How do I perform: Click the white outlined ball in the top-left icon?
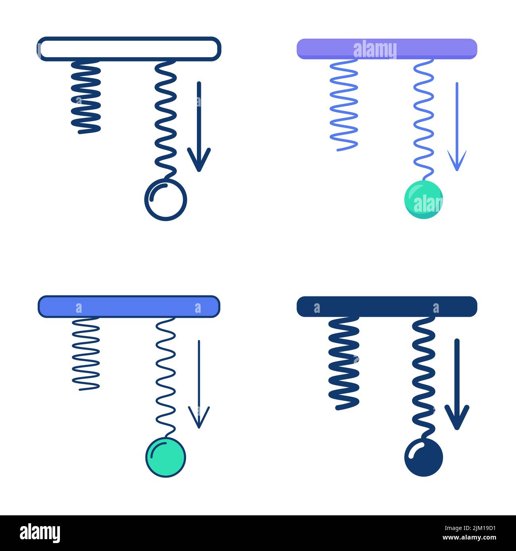(x=166, y=200)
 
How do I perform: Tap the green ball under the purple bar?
(x=424, y=199)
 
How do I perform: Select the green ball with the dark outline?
(x=166, y=457)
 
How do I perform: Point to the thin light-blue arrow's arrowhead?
(x=457, y=163)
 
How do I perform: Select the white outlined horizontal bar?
(x=129, y=49)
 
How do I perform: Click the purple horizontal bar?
(x=387, y=49)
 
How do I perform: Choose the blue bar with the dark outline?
(x=129, y=307)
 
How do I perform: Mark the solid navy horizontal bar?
(x=387, y=307)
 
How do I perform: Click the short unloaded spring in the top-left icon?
(x=86, y=97)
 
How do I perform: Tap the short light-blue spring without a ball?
(x=344, y=105)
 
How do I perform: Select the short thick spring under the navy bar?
(x=344, y=363)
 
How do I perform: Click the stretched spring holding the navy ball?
(x=424, y=377)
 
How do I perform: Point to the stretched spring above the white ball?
(x=166, y=119)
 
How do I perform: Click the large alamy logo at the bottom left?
(x=40, y=533)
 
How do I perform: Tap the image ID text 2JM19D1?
(x=475, y=528)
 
